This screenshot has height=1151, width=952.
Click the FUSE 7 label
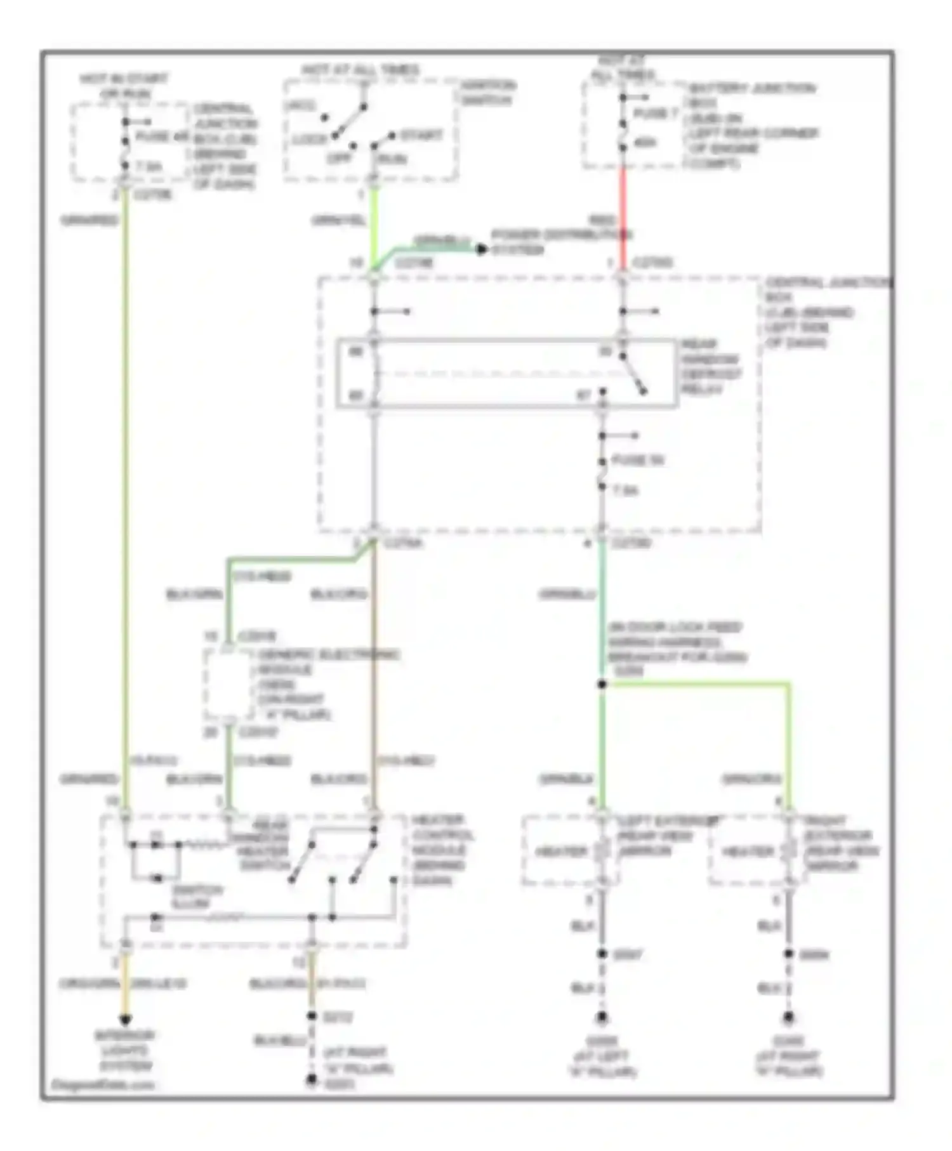coord(656,114)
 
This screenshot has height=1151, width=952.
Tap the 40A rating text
coord(645,143)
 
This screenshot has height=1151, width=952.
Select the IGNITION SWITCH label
coord(487,93)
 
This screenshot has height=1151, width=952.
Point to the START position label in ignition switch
coord(421,135)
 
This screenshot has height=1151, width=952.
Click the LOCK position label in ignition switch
coord(310,139)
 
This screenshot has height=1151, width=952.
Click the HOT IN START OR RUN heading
coord(124,86)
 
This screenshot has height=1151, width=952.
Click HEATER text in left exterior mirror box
coord(561,851)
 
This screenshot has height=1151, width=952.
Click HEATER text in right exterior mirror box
coord(748,851)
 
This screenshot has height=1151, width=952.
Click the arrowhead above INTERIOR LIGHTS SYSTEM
coord(126,1020)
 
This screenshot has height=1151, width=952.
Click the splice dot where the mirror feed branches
coord(602,684)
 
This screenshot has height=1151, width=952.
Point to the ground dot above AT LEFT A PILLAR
coord(602,1017)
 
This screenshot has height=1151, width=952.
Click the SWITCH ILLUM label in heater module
coord(197,897)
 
